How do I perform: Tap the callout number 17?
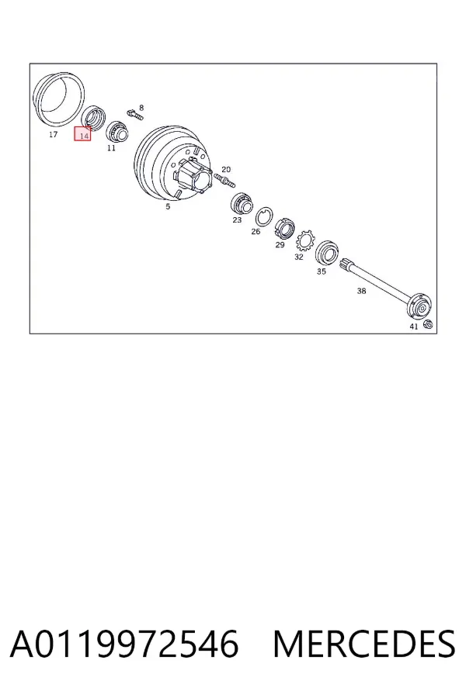(53, 134)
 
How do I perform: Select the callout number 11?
(111, 148)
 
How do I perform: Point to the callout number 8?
(141, 108)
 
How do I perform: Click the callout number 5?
(168, 206)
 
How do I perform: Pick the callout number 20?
(226, 169)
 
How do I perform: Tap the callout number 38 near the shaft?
(361, 291)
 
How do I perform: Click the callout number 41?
(414, 327)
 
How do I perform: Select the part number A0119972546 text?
(124, 644)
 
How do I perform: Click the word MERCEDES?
(364, 644)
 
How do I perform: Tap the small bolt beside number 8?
(134, 114)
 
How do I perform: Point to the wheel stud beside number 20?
(224, 180)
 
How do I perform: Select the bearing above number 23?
(242, 204)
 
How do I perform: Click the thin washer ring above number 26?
(264, 218)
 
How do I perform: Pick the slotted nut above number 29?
(284, 230)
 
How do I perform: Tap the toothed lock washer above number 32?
(304, 241)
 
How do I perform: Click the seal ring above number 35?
(327, 253)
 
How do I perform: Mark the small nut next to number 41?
(426, 324)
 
